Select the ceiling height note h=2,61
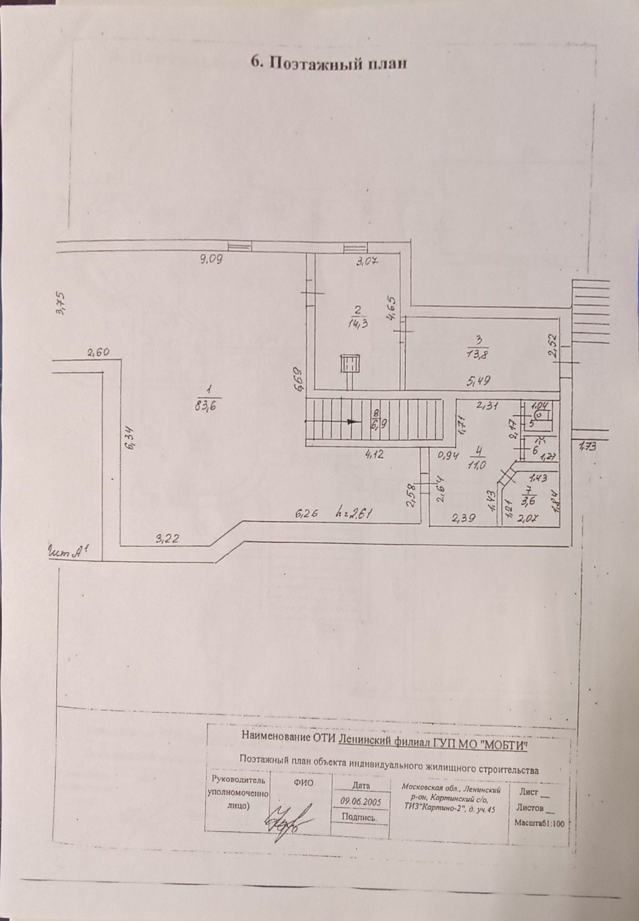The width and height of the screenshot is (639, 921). point(355,514)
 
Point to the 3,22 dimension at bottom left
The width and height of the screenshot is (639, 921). point(167,539)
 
